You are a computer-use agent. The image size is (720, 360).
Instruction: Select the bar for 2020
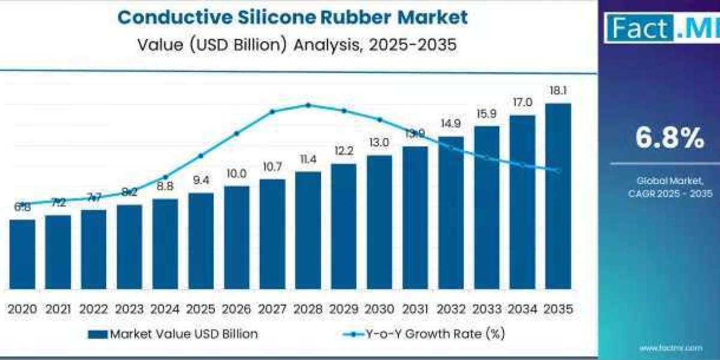coord(22,254)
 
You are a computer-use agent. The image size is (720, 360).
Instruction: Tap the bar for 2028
coord(308,230)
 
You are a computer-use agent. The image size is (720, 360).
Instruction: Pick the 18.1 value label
coord(557,91)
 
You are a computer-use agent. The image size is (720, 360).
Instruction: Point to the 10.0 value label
coord(236,174)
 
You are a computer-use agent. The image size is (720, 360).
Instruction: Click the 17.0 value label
coord(522,103)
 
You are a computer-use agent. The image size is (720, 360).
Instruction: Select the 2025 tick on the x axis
coord(200,309)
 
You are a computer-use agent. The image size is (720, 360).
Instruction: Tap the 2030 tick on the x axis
coord(379,309)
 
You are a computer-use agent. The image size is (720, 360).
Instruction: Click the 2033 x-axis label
coord(487,309)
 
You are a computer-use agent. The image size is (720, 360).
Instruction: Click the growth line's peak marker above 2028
coord(308,105)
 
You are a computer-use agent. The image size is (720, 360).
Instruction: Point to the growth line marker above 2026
coord(236,133)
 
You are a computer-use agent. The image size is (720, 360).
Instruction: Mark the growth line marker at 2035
coord(557,171)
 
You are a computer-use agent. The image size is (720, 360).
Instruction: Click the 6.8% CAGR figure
coord(670,139)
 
